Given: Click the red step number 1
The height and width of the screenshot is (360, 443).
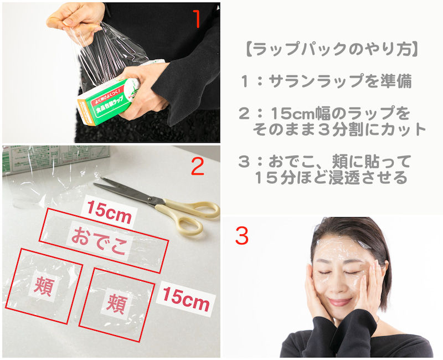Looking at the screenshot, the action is [x=197, y=19].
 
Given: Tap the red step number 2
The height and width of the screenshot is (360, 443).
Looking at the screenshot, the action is [x=198, y=166].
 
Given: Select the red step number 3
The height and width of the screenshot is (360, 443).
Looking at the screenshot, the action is [x=242, y=236].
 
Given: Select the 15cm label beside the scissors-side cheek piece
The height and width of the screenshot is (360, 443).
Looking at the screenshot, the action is [x=186, y=299].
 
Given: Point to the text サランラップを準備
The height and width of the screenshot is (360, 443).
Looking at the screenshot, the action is [x=340, y=81].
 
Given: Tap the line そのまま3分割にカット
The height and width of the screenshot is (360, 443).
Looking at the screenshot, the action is [x=339, y=129].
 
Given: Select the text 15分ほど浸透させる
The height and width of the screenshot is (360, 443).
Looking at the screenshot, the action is [x=331, y=177].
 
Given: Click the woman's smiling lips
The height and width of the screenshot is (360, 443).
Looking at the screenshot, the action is [x=340, y=302].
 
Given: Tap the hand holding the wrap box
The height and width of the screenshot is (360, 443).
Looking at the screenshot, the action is [x=143, y=90].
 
